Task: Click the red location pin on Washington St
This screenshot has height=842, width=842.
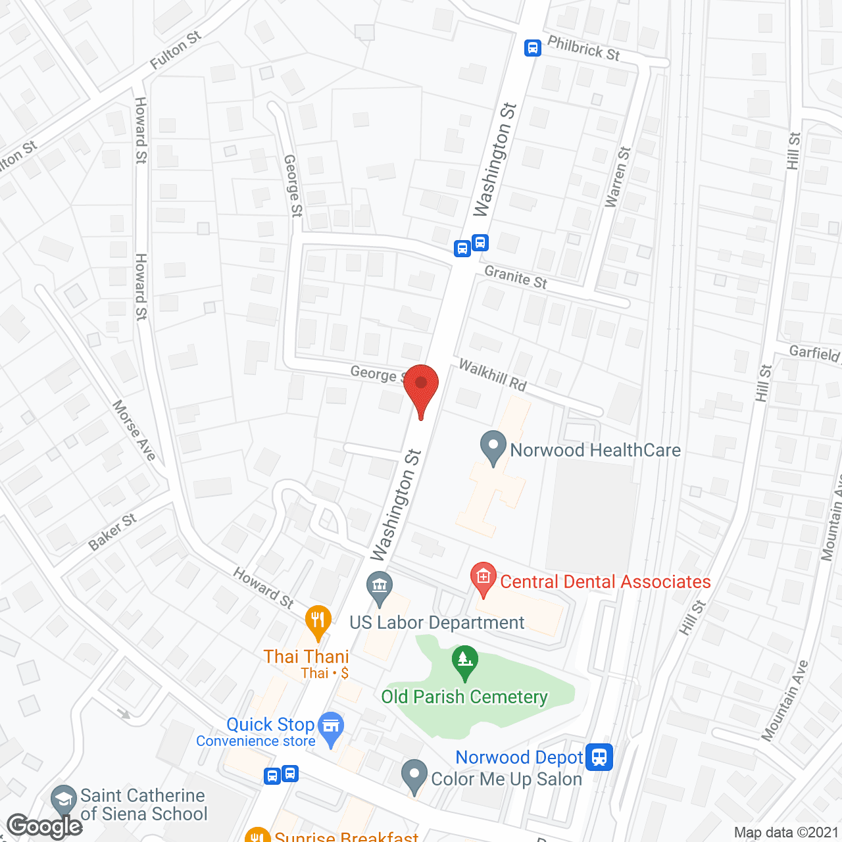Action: pyautogui.click(x=421, y=385)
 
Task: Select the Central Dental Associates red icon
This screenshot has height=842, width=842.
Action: pyautogui.click(x=483, y=579)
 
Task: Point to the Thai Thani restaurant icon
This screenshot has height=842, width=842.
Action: pyautogui.click(x=318, y=621)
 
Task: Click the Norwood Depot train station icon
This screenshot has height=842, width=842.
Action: pyautogui.click(x=599, y=756)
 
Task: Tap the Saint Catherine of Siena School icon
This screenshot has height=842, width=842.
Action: pyautogui.click(x=63, y=801)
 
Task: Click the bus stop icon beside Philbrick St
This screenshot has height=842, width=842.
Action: pyautogui.click(x=533, y=47)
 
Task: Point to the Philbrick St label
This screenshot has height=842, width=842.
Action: pyautogui.click(x=583, y=49)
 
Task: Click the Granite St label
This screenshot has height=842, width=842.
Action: pyautogui.click(x=516, y=277)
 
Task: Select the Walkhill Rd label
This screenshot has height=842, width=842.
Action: pyautogui.click(x=493, y=375)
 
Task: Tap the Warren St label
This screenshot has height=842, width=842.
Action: pyautogui.click(x=617, y=177)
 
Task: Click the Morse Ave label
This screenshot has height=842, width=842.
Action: pyautogui.click(x=134, y=430)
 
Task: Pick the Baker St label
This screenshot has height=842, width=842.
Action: pyautogui.click(x=112, y=532)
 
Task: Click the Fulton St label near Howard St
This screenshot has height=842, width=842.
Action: pyautogui.click(x=175, y=50)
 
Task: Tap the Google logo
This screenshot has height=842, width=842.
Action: pyautogui.click(x=44, y=826)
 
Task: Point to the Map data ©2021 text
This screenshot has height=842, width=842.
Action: pyautogui.click(x=786, y=832)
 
